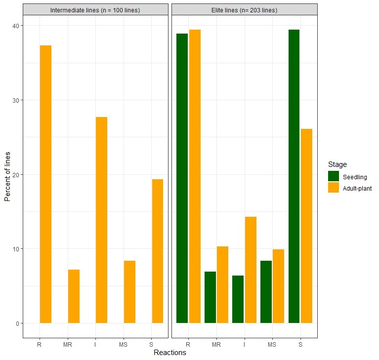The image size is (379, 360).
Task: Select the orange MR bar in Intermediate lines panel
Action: tap(74, 296)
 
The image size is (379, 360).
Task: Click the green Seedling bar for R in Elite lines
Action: tap(182, 178)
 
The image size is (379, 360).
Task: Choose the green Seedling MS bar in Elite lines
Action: tap(266, 292)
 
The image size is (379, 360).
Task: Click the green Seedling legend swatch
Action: tap(333, 176)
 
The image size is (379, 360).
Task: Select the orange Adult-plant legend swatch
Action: tap(333, 188)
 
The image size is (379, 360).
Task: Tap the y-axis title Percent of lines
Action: tap(7, 174)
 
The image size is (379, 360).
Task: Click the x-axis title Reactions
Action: tap(169, 353)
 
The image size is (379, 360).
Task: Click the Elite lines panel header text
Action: tap(244, 10)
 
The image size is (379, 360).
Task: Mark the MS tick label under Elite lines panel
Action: tap(272, 344)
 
